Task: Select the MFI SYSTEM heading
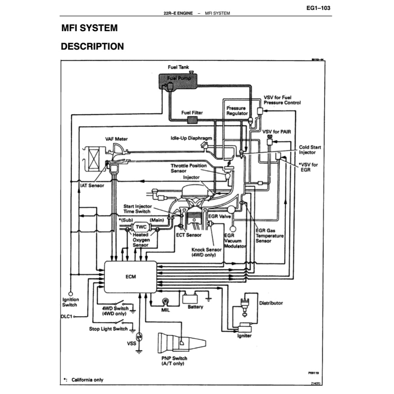point(90,28)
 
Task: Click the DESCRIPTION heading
point(92,47)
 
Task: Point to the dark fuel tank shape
point(178,80)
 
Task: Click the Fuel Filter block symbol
point(192,120)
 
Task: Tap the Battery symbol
point(190,299)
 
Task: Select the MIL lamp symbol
point(165,301)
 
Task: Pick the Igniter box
point(244,328)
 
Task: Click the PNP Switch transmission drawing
point(181,342)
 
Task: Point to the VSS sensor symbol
point(140,337)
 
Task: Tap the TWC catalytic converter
point(141,227)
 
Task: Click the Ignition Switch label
point(70,302)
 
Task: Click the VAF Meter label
point(116,139)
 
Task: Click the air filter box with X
point(94,159)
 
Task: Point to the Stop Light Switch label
point(108,329)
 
